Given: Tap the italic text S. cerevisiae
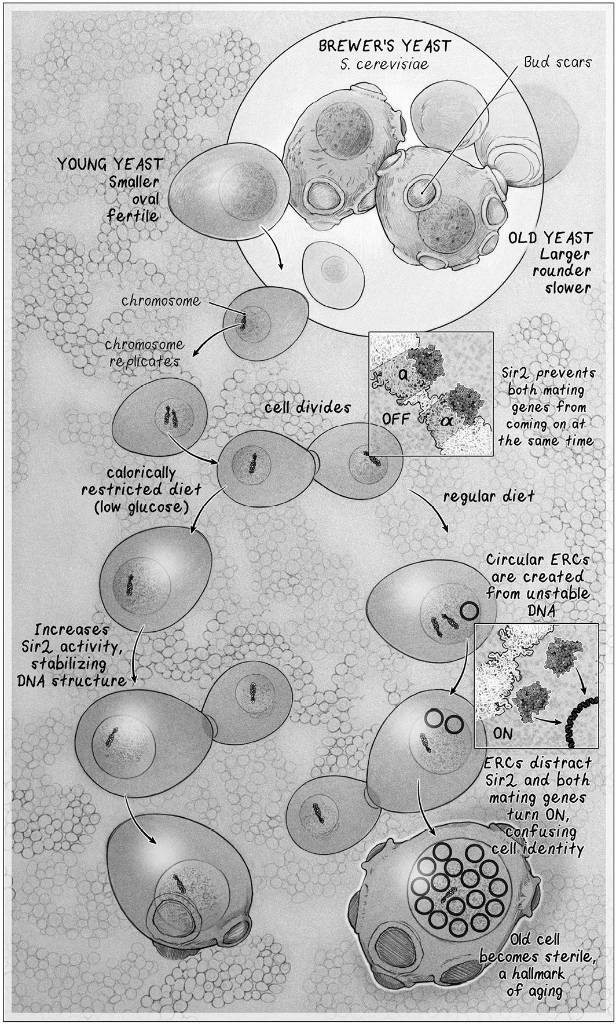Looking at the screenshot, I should pos(384,64).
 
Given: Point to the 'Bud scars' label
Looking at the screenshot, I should pos(557,62).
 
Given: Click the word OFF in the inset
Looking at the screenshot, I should pos(395,418).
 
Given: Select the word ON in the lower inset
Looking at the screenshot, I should pos(503,733).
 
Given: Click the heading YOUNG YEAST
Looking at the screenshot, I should pos(109,164).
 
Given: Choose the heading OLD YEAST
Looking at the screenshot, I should pos(550,238).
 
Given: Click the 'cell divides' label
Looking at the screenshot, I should pos(307,407).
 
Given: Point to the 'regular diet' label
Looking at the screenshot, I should pos(488,496).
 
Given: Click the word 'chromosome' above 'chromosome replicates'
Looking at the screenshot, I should pos(161,301).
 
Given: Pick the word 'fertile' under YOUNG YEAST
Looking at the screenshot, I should pos(133,215).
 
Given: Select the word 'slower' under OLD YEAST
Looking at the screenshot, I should pos(567,287).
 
